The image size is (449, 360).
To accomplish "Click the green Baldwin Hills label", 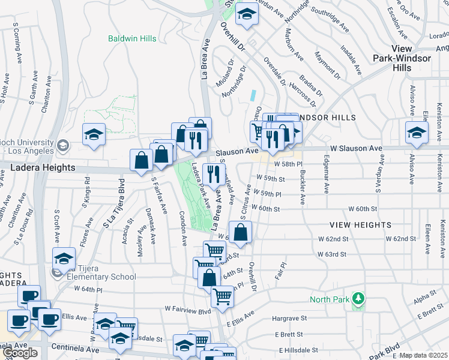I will [x=132, y=38].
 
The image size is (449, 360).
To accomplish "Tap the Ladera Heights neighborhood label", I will [x=43, y=169].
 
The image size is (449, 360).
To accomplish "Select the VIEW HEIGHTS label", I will [x=360, y=225].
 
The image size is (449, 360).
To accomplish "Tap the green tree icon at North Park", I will [x=358, y=298].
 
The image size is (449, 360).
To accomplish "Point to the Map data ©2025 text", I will [x=423, y=355].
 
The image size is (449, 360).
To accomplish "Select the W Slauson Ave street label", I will [x=355, y=148].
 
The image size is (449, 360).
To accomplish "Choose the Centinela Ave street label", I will [x=75, y=348].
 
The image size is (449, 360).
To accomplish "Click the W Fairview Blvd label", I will [x=188, y=310].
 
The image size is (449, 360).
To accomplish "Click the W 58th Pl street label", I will [x=288, y=164].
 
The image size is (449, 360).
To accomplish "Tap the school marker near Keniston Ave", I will [x=417, y=133].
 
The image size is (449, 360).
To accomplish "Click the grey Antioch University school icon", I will [x=62, y=145].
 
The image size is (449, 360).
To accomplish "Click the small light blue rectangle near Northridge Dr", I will [x=254, y=95].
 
